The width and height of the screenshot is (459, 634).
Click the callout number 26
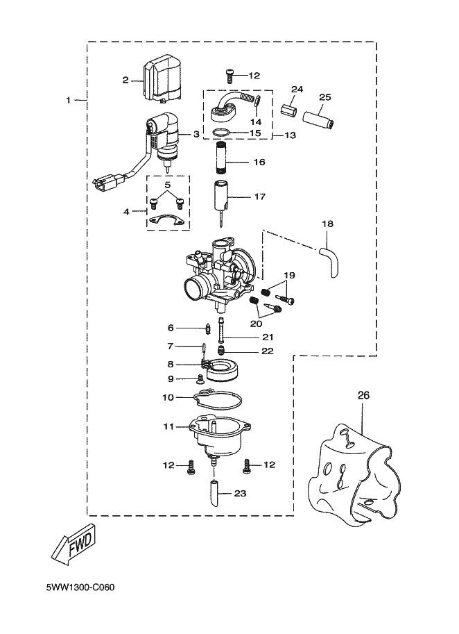(x=363, y=395)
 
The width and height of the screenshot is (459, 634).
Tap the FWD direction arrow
(x=74, y=544)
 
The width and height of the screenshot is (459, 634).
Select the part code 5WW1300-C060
(x=80, y=588)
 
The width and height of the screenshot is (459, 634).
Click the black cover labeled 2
(x=164, y=78)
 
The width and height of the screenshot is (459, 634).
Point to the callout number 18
(x=328, y=224)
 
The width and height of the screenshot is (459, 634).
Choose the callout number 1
(x=68, y=100)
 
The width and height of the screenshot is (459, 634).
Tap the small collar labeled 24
(x=290, y=109)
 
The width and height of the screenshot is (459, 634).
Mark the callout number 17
(x=259, y=197)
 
